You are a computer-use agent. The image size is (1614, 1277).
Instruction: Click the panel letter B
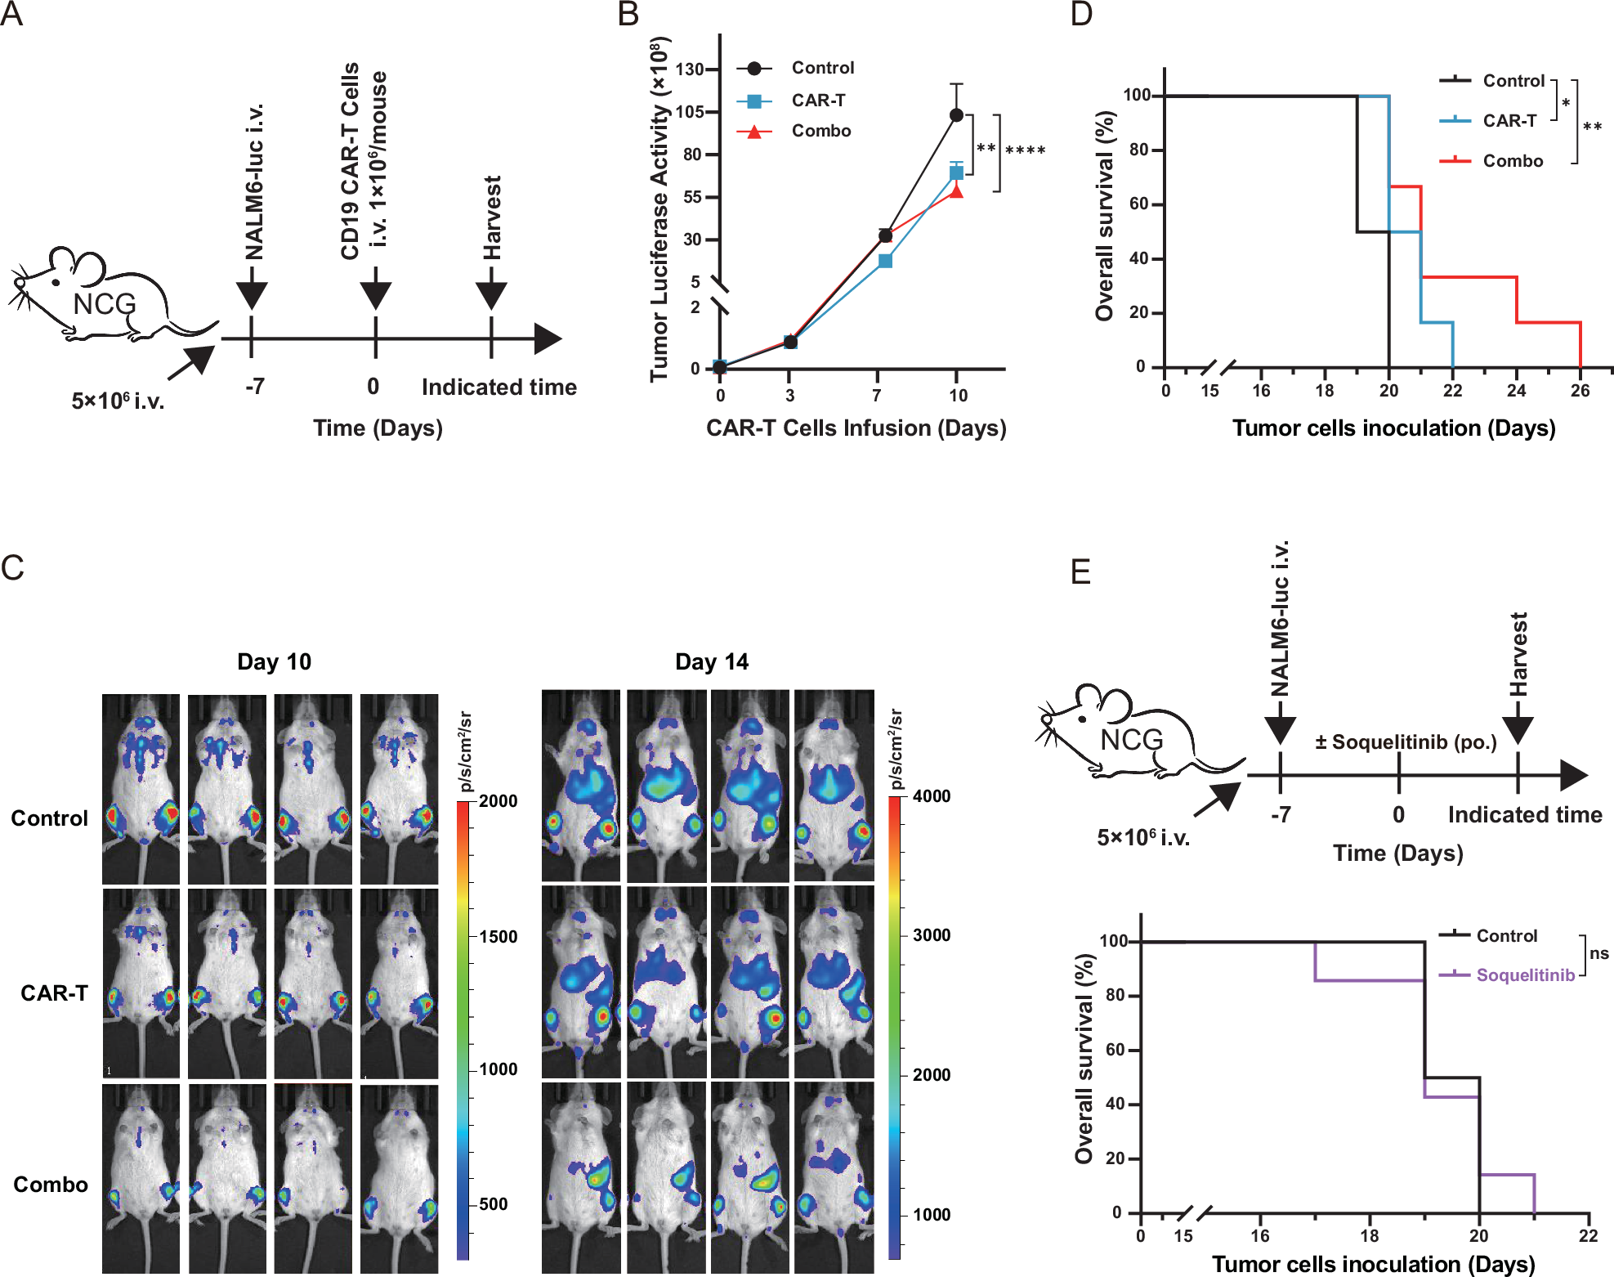click(628, 15)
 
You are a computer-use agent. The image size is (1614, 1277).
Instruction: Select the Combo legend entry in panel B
click(820, 131)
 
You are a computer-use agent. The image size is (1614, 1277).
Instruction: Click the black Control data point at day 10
click(956, 115)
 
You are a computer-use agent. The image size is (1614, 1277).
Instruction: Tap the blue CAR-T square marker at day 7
click(885, 261)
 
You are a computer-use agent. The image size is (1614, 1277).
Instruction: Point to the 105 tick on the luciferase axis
click(691, 112)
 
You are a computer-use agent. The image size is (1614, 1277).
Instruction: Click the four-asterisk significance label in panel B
click(1025, 150)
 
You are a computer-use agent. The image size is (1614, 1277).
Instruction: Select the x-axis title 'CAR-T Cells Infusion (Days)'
click(856, 428)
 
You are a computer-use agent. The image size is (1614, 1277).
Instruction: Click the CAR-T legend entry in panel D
click(1509, 121)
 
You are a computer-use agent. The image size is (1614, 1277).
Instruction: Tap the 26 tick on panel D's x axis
click(1580, 391)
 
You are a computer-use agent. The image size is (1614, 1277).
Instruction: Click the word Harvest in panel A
click(491, 217)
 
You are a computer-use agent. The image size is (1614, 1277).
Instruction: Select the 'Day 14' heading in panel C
click(711, 661)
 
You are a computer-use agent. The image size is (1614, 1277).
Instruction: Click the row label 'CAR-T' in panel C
click(54, 992)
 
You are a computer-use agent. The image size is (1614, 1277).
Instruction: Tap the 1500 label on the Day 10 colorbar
click(498, 937)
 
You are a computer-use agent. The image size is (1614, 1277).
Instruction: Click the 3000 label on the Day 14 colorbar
click(931, 935)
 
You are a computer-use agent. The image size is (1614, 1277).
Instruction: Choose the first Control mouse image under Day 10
click(141, 788)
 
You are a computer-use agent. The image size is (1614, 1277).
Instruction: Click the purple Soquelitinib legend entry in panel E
click(1524, 975)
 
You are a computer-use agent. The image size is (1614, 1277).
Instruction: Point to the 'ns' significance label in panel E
click(1598, 953)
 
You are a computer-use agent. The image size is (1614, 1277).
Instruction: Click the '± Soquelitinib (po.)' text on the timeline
click(1406, 742)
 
